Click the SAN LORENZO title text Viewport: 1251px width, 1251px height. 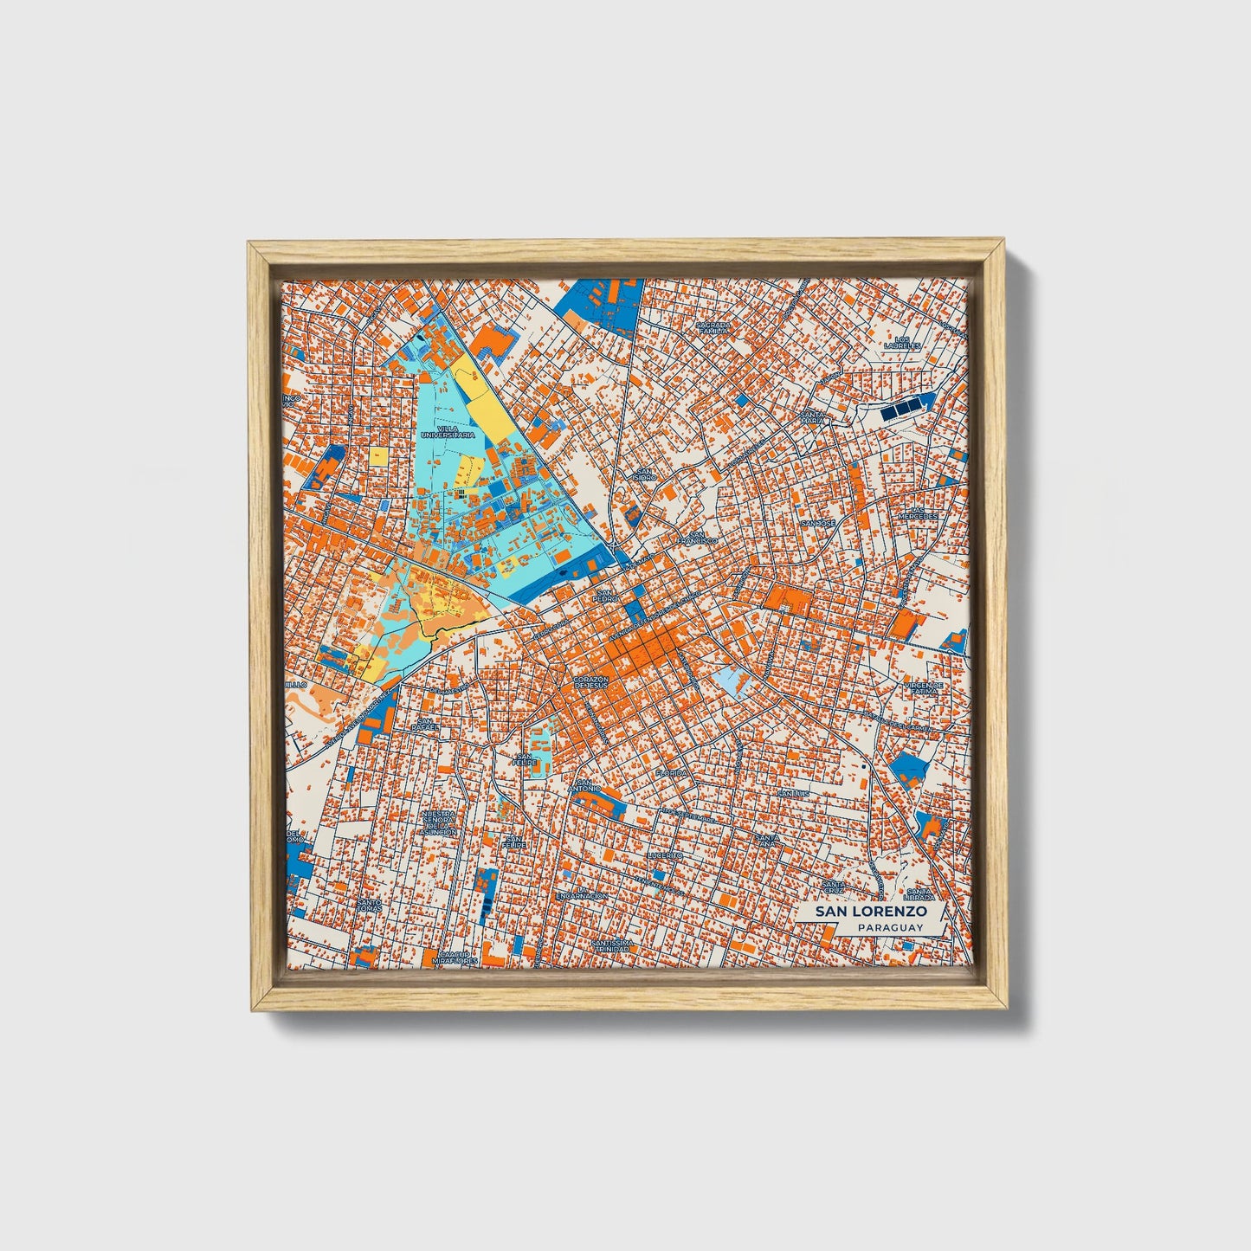[865, 912]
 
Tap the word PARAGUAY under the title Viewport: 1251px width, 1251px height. [890, 927]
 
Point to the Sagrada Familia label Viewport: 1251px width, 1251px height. [713, 327]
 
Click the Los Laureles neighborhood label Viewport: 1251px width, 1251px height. [902, 342]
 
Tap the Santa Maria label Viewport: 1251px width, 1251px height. [812, 417]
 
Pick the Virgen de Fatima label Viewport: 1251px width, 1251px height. [924, 687]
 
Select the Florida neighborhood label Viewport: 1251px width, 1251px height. [672, 772]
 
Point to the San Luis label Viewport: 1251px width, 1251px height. [793, 793]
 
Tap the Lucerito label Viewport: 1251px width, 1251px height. [665, 854]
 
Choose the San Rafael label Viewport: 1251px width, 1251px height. [425, 725]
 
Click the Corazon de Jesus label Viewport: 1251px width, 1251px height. [592, 681]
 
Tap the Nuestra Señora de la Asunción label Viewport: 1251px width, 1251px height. [438, 823]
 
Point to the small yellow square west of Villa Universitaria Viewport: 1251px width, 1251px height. [379, 456]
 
